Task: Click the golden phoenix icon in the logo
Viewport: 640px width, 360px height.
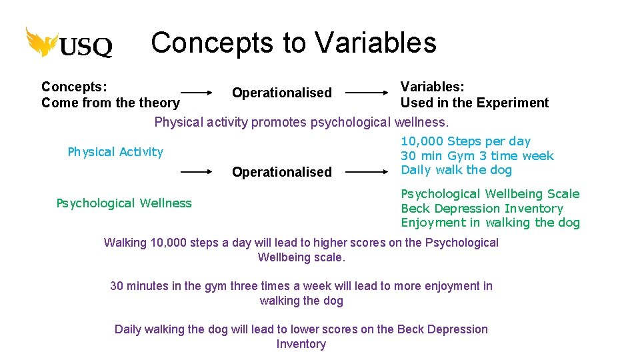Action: tap(41, 42)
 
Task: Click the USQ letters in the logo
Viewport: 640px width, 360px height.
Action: tap(86, 47)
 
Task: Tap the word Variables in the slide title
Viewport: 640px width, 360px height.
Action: tap(375, 43)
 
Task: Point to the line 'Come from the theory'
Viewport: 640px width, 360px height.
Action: tap(110, 103)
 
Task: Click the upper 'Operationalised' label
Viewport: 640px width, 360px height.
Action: tap(281, 93)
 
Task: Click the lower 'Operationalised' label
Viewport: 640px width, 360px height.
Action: tap(281, 172)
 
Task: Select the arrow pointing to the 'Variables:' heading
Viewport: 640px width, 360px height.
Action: tap(367, 93)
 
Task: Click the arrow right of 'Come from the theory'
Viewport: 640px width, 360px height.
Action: tap(205, 93)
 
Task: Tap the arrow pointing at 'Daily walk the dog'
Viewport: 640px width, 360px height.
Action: tap(367, 171)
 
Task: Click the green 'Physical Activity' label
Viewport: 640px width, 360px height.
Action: tap(115, 152)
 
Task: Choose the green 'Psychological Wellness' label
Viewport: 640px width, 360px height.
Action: tap(124, 203)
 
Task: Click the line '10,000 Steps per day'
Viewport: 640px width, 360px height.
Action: tap(465, 141)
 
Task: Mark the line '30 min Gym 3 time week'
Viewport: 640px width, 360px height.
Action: tap(477, 156)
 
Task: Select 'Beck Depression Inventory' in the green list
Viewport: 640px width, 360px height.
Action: tap(481, 209)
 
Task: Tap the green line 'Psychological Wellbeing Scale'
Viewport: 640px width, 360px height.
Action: tap(490, 194)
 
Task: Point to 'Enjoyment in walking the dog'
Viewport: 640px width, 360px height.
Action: tap(490, 223)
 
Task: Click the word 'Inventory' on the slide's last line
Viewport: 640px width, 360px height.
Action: tap(301, 344)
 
